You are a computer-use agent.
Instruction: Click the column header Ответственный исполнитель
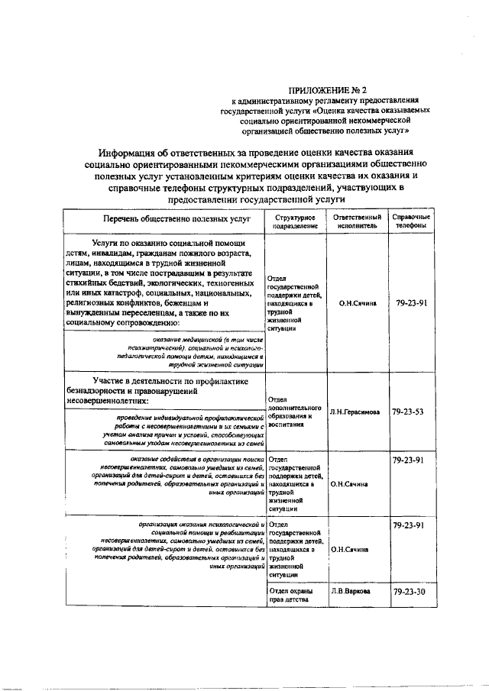[356, 222]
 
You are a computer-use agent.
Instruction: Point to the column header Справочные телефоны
[411, 222]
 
